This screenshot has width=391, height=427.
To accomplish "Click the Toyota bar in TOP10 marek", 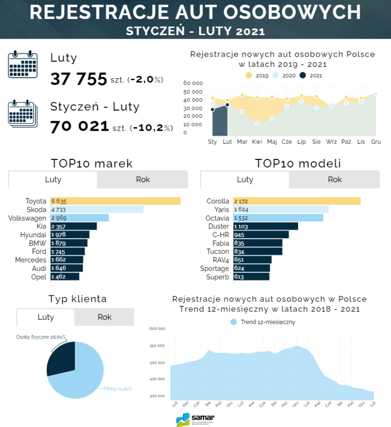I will [115, 201].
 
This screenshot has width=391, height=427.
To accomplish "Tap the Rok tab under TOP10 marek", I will [143, 180].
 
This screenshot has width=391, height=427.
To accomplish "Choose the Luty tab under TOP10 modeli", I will [245, 180].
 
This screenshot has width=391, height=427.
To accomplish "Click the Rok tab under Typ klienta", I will [105, 317].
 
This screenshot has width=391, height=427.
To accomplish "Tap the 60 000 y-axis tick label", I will [193, 83].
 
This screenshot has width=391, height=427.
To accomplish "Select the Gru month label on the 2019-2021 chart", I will [376, 142].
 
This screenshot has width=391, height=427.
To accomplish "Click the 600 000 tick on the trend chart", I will [157, 329].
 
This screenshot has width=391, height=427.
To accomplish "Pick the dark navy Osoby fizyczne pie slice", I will [61, 358].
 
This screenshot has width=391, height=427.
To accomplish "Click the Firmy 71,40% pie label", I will [118, 389].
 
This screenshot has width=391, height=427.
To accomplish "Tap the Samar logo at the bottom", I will [195, 419].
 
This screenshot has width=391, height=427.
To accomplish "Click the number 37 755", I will [78, 79].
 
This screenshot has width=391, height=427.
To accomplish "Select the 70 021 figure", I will [80, 126].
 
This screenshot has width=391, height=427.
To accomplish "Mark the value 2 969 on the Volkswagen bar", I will [59, 218].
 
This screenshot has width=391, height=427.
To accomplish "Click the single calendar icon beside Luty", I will [23, 64].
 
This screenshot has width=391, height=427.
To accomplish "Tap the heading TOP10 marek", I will [92, 163].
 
